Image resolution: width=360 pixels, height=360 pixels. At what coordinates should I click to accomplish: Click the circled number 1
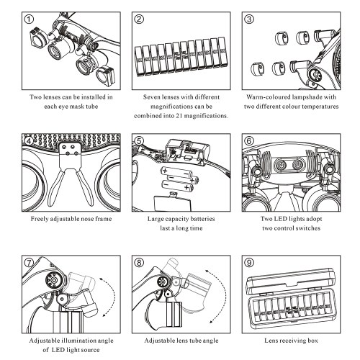coord(29,19)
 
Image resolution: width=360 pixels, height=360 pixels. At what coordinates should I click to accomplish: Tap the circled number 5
coord(139,141)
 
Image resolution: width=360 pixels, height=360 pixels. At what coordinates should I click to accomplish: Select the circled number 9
coord(249,263)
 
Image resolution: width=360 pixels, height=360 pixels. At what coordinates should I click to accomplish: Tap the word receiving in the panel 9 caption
coord(290,341)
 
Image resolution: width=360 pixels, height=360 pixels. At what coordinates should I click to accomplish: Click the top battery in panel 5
coord(176,172)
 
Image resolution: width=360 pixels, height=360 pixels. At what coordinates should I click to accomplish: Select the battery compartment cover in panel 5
coord(172,202)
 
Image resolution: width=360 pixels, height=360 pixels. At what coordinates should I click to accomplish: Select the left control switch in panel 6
coord(280,164)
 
